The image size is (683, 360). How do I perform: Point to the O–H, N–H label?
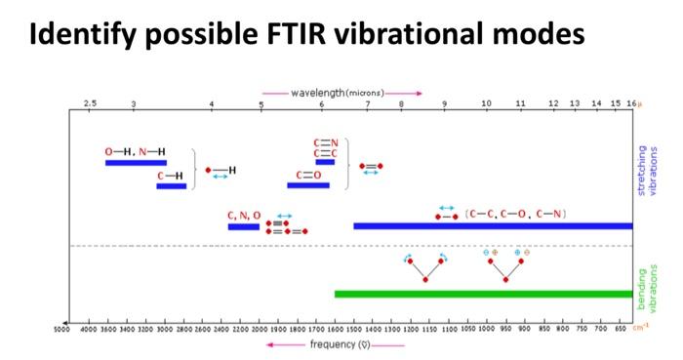pos(135,152)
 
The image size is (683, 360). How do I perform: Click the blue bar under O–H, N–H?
pos(136,163)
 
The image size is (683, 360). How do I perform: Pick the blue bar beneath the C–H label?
pos(171,185)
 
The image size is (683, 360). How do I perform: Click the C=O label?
pos(308,175)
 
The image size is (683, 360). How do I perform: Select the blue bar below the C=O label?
pos(307,185)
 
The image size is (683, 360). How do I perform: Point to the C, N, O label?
pos(244,216)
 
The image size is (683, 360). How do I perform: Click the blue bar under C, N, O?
pos(244,226)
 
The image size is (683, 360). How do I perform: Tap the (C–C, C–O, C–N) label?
pos(516,213)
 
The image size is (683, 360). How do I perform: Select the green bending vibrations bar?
pos(483,294)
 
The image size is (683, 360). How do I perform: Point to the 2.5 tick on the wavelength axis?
pos(90,103)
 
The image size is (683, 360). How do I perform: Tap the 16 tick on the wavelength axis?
pos(631,103)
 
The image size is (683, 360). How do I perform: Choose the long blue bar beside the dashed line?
pos(493,226)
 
